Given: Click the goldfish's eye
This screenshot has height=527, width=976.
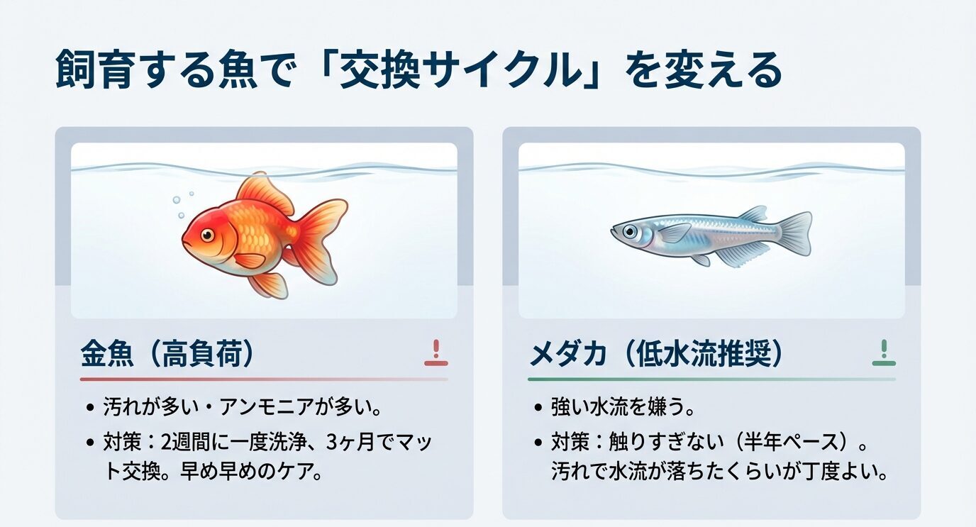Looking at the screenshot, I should point(206,235).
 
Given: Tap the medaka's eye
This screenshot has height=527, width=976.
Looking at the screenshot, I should point(629,231).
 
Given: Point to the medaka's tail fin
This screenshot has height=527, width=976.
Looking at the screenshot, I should point(795,232).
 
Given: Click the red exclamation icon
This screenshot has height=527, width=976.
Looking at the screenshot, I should point(436,353).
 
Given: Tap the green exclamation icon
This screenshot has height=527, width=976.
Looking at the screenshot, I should point(883,353).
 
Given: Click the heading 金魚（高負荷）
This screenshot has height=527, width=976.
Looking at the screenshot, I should point(167,354).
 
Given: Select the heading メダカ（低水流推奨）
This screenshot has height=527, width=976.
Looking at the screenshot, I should point(657,354).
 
